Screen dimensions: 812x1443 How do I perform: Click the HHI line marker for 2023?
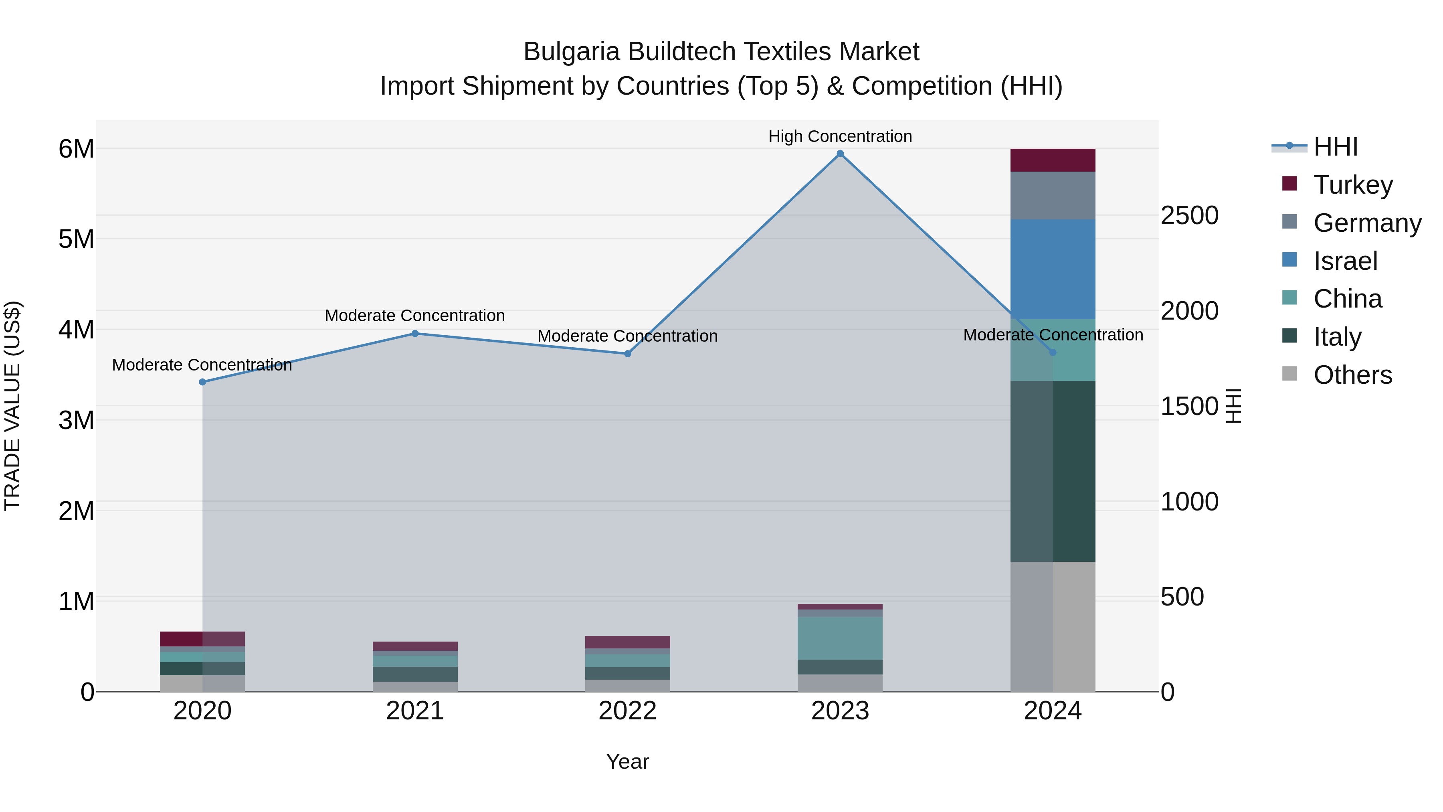pyautogui.click(x=840, y=154)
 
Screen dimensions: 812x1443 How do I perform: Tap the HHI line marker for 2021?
pyautogui.click(x=415, y=334)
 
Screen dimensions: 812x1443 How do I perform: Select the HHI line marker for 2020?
pyautogui.click(x=203, y=382)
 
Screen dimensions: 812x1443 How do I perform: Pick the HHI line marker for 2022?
pyautogui.click(x=627, y=354)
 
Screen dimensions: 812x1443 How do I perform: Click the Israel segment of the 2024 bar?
pyautogui.click(x=1053, y=269)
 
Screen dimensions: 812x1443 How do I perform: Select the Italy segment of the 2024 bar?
pyautogui.click(x=1053, y=471)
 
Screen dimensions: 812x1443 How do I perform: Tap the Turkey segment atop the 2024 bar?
pyautogui.click(x=1053, y=160)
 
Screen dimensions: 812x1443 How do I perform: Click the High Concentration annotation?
pyautogui.click(x=840, y=136)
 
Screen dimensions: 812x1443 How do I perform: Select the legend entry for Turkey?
pyautogui.click(x=1352, y=185)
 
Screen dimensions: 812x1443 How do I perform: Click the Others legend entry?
pyautogui.click(x=1352, y=375)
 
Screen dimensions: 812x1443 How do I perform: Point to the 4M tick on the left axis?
pyautogui.click(x=76, y=330)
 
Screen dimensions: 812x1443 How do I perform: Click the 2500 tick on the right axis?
pyautogui.click(x=1189, y=215)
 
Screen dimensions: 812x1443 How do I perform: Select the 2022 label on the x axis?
pyautogui.click(x=627, y=711)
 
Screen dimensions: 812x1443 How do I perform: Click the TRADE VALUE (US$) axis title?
pyautogui.click(x=12, y=406)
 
